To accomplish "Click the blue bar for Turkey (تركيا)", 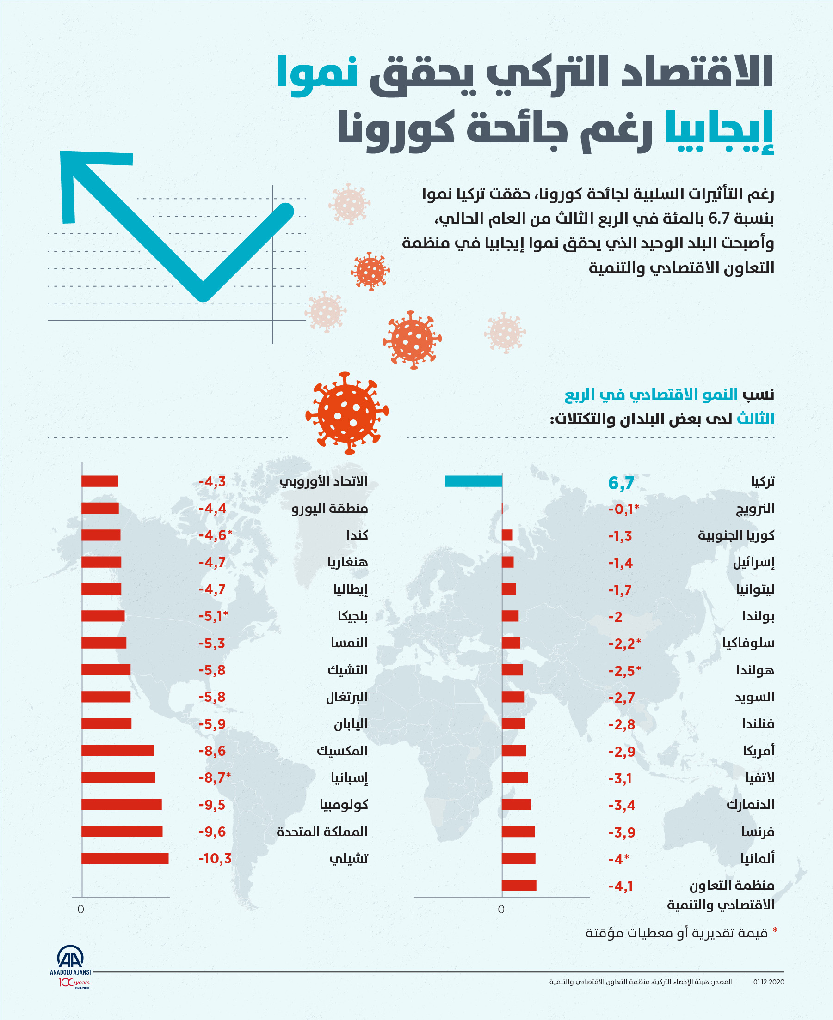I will [x=473, y=481].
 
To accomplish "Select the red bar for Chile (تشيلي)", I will [x=125, y=858].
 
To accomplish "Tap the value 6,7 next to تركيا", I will [x=621, y=483].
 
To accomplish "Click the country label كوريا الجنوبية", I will [x=735, y=535].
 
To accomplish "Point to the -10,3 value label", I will [x=215, y=858].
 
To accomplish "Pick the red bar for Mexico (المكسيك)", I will [x=117, y=751].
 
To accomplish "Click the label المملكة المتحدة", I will [x=322, y=832].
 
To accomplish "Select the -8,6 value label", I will [x=212, y=751].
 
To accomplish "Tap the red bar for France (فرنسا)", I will [x=518, y=832].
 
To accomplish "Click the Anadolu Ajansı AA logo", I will [x=71, y=958].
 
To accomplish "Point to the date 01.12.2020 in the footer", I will [x=768, y=982].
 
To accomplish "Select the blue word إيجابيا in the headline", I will [x=719, y=130].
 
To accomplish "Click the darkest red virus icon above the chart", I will [x=347, y=413].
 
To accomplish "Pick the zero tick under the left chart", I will [x=80, y=909].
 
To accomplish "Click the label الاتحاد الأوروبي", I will [x=323, y=481].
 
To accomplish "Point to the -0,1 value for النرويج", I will [x=623, y=509].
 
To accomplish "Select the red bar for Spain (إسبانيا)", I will [x=118, y=777].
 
